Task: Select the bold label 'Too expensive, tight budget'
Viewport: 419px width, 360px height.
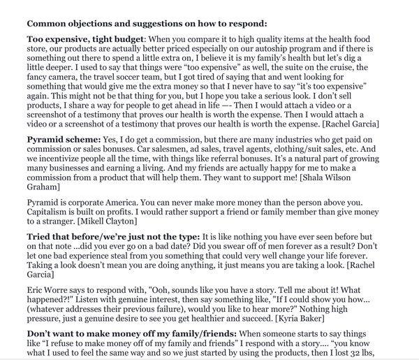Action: pos(84,39)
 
